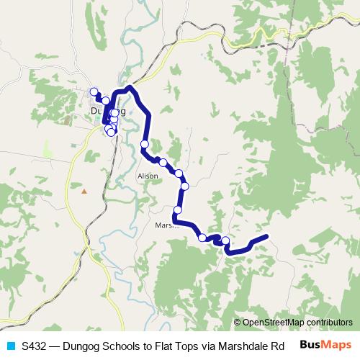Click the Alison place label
[147, 176]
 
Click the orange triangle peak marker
[84, 191]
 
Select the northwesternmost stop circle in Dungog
[94, 91]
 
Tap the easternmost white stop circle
[225, 240]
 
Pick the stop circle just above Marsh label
[177, 210]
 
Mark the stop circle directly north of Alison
[145, 144]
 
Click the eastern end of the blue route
[266, 237]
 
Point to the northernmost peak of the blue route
[130, 88]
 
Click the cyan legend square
[10, 345]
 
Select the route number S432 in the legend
[35, 345]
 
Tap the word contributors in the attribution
[331, 322]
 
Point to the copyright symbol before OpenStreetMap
[238, 322]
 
